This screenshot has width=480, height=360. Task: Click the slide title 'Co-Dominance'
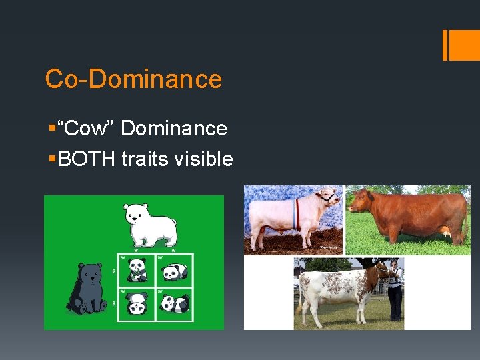click(x=133, y=79)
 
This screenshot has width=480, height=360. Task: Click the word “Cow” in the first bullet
click(x=86, y=127)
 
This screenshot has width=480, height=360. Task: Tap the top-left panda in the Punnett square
click(x=138, y=269)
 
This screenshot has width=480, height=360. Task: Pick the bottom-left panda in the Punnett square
click(x=138, y=303)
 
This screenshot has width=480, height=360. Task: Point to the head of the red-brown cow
click(x=361, y=200)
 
